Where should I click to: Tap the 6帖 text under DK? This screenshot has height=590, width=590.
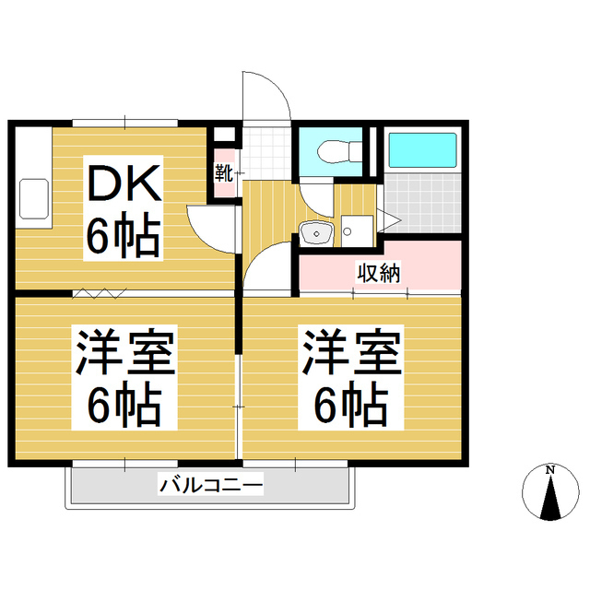tap(124, 237)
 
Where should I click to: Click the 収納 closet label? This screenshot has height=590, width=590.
tap(379, 273)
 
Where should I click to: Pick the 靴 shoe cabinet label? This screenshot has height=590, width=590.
tap(224, 172)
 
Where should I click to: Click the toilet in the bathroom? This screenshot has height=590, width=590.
tap(333, 152)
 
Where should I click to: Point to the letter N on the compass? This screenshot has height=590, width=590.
tap(550, 471)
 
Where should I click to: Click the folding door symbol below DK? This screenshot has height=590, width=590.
tap(100, 294)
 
